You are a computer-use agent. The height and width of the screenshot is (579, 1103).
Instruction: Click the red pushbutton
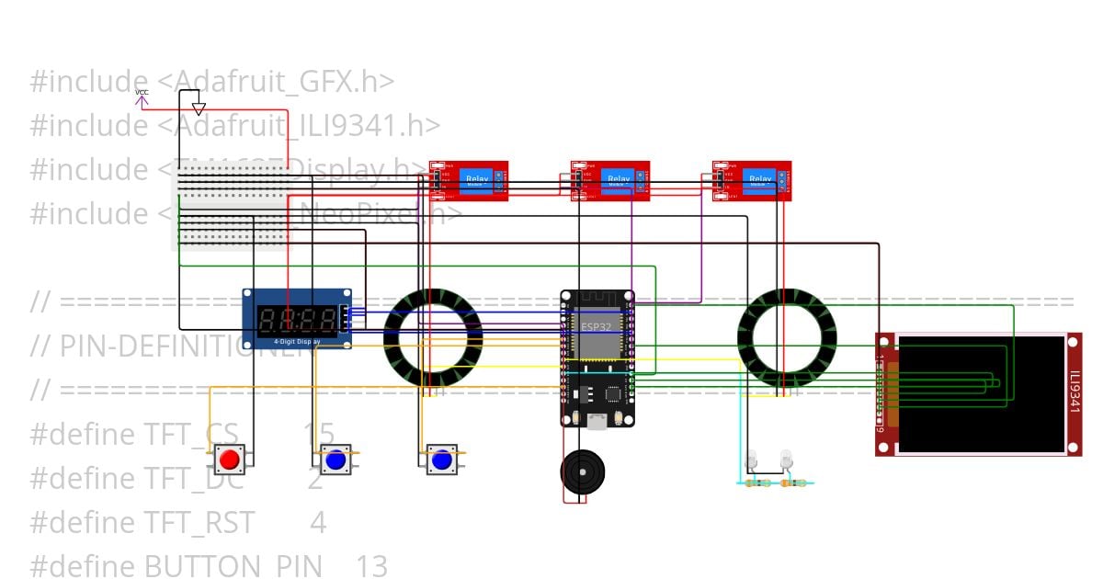point(230,459)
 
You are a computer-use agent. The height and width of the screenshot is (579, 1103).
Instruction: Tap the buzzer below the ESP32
point(582,474)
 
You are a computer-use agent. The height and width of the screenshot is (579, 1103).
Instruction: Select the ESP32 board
point(597,358)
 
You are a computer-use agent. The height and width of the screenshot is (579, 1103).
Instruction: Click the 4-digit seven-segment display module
point(297,319)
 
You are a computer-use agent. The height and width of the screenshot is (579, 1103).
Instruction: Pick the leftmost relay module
point(469,180)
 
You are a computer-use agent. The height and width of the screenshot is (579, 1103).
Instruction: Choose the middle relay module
point(610,180)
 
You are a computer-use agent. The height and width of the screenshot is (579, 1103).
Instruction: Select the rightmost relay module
point(752,180)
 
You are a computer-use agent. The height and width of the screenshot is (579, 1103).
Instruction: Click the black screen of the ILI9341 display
point(981,393)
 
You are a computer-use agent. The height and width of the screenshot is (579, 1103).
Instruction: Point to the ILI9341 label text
point(1075,393)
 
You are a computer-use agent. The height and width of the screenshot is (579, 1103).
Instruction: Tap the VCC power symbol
point(142,97)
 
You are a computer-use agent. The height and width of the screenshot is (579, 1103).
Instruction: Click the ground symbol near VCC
point(199,108)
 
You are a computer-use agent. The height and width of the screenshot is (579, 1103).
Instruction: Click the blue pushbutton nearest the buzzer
point(442,459)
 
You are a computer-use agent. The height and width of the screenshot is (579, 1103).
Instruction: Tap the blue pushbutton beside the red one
point(335,459)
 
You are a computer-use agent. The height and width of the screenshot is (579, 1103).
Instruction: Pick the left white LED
point(751,459)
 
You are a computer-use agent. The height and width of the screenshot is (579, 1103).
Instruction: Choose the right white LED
point(786,458)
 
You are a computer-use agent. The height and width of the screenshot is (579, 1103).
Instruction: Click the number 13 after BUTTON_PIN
point(371,566)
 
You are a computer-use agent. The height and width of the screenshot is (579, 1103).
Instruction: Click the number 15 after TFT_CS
point(319,435)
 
